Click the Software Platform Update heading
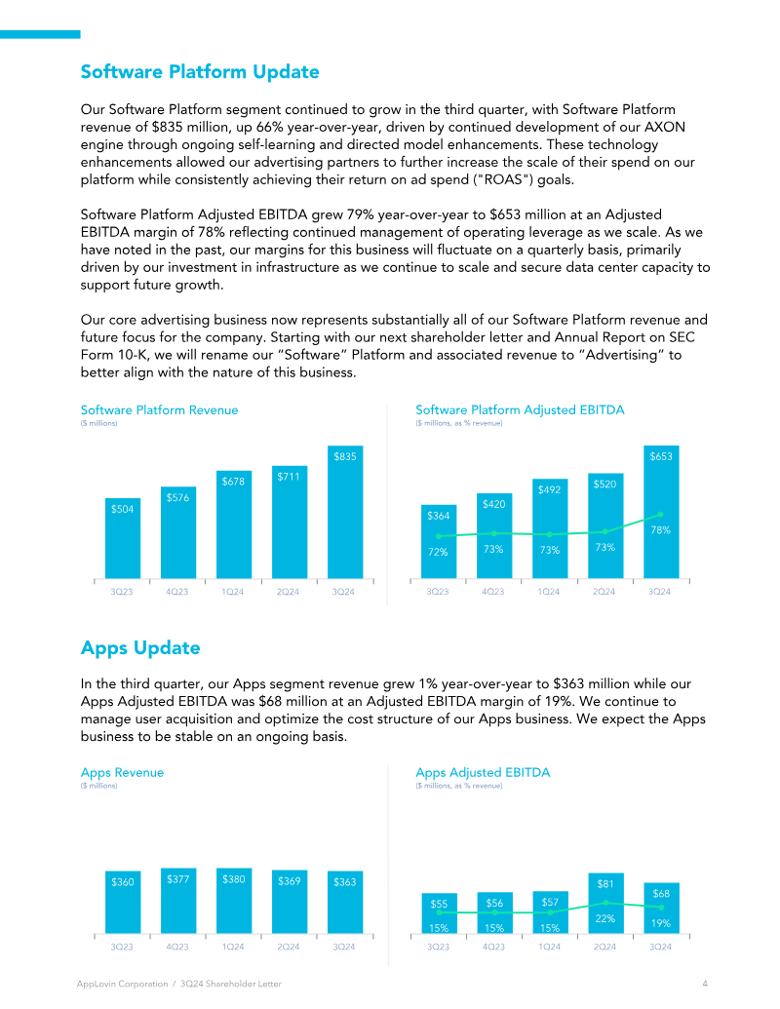coord(200,71)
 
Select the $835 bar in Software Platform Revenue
coord(345,512)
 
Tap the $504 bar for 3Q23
coord(122,538)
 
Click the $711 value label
coord(289,477)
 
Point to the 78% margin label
coord(660,530)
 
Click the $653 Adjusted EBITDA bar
coord(661,512)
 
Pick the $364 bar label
coord(439,516)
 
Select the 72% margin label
coord(438,552)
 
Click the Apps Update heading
coord(140,647)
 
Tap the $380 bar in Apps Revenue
coord(234,900)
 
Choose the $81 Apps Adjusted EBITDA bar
coord(605,904)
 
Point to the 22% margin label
coord(604,919)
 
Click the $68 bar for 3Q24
coord(662,908)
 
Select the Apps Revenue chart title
coord(122,772)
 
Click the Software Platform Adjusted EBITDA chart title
coord(520,409)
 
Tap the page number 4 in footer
coord(705,984)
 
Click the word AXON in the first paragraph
coord(665,127)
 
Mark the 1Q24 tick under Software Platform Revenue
coord(233,592)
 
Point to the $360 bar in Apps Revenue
coord(123,902)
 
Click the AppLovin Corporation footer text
coord(122,984)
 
